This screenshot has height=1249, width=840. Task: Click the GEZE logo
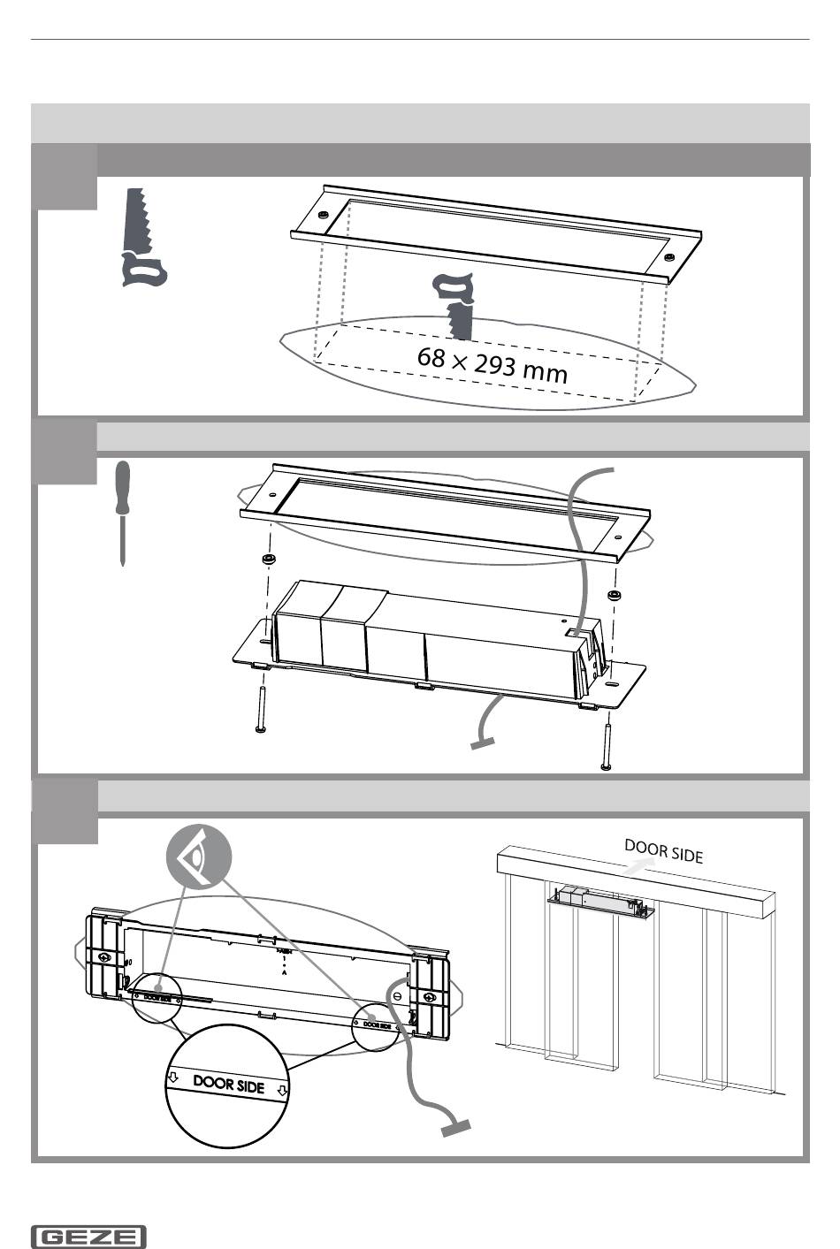88,1237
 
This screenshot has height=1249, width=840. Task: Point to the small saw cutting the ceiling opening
458,305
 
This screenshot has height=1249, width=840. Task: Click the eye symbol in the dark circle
198,856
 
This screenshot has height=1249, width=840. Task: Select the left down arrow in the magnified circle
174,1078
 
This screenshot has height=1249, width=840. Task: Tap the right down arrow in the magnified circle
282,1091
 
